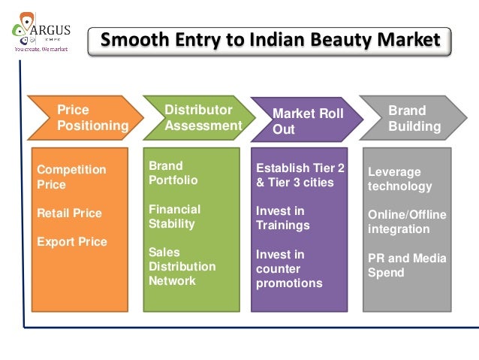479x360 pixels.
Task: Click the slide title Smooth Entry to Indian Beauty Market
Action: click(x=270, y=39)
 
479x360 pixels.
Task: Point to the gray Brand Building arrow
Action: click(x=413, y=118)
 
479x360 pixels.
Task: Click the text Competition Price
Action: click(x=62, y=177)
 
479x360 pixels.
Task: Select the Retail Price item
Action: click(x=69, y=213)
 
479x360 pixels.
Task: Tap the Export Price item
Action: click(x=72, y=241)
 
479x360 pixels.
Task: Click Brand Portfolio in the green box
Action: click(x=173, y=172)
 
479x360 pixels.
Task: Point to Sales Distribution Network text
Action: click(x=182, y=266)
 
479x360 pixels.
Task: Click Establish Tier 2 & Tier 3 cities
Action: click(x=300, y=174)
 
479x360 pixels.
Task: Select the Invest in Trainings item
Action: click(x=283, y=218)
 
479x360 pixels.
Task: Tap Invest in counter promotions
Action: click(x=289, y=268)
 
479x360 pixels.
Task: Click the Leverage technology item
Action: click(x=399, y=179)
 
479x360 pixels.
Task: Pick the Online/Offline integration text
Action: click(x=407, y=222)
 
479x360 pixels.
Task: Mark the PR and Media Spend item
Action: click(x=407, y=265)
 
